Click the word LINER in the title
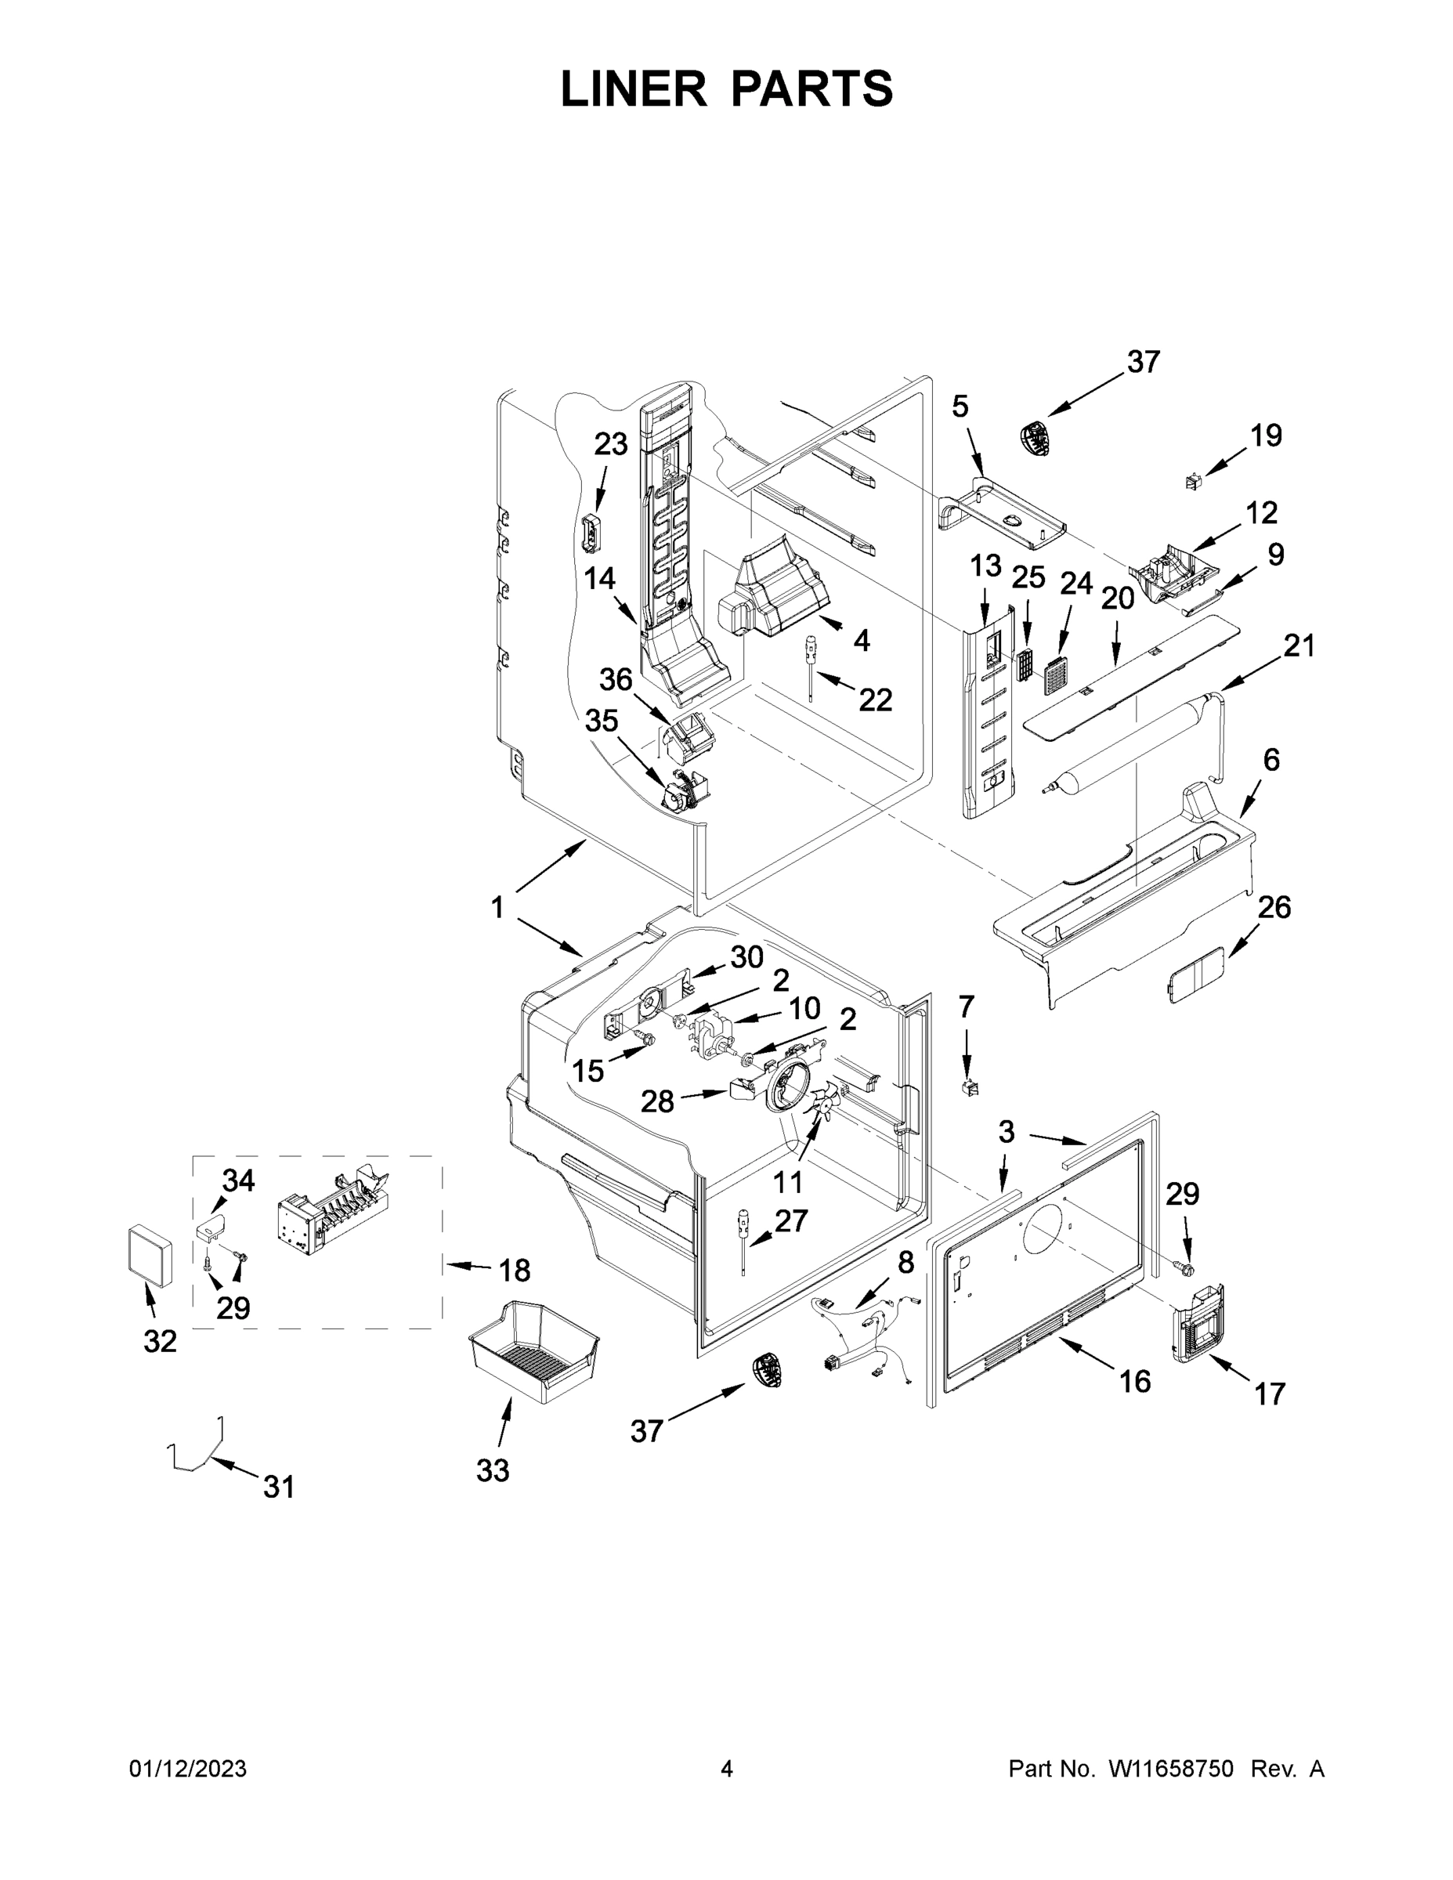(x=633, y=89)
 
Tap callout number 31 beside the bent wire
(x=278, y=1487)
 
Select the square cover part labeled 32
(x=149, y=1256)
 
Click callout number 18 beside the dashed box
(x=514, y=1270)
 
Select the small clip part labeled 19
(x=1192, y=481)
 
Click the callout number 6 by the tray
(x=1270, y=760)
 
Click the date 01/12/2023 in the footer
(x=188, y=1769)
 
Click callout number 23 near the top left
(x=610, y=444)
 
